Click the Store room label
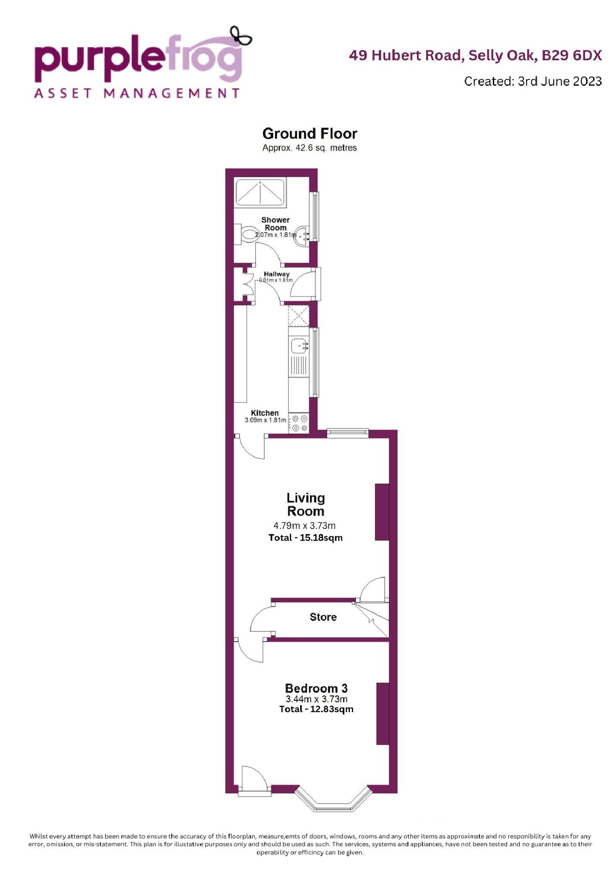[323, 617]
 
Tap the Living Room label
[306, 505]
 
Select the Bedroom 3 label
[316, 688]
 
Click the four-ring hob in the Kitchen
[299, 423]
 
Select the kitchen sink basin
[298, 345]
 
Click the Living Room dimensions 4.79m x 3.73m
[305, 525]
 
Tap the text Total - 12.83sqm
[316, 709]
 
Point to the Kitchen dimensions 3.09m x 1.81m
[265, 420]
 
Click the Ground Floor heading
[310, 134]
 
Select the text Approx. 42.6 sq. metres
[310, 148]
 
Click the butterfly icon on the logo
[241, 35]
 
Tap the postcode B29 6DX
[572, 55]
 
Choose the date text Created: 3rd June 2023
[533, 81]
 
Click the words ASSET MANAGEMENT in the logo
[137, 93]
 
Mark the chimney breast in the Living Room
[382, 512]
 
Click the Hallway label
[277, 274]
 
